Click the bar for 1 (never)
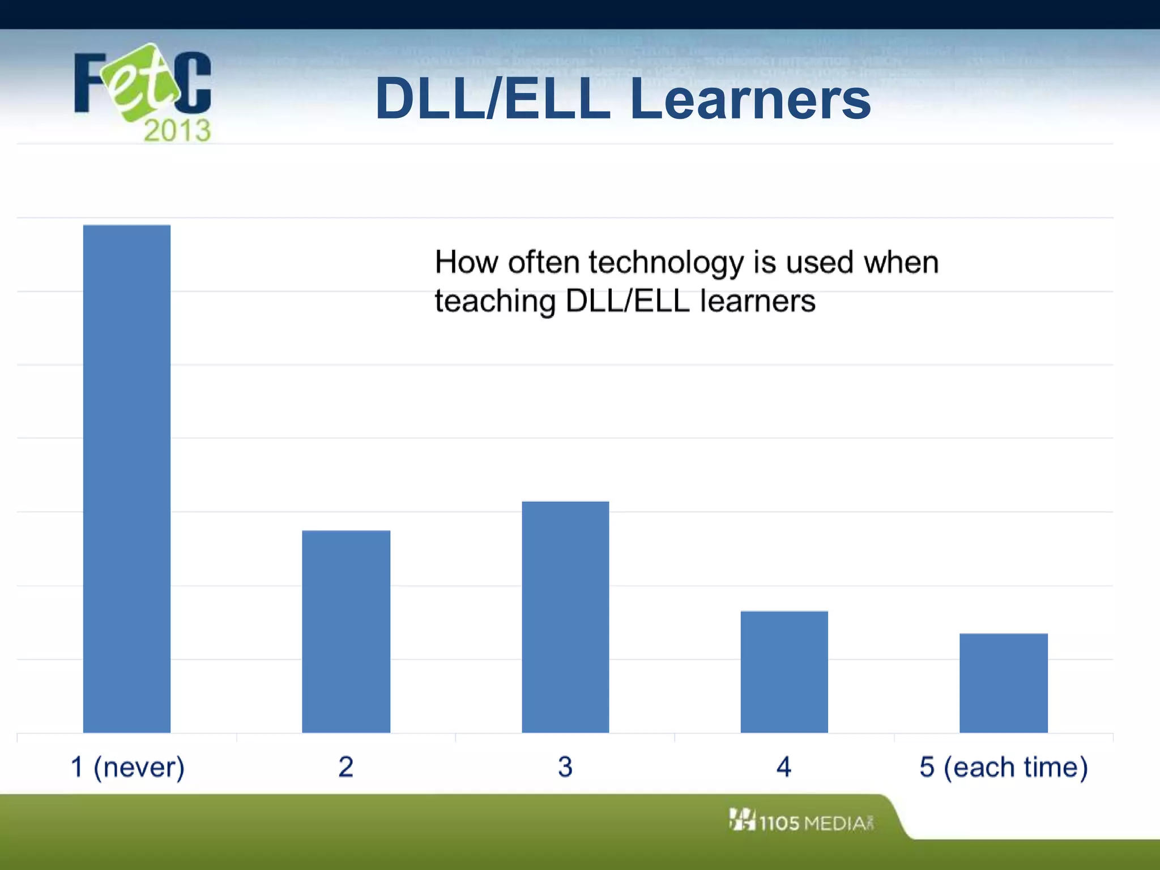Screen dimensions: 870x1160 127,479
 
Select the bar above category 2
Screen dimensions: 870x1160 346,631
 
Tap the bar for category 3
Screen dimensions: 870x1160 565,617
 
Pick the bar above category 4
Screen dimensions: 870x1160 784,672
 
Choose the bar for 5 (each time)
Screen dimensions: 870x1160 1003,683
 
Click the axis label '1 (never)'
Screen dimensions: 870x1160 128,767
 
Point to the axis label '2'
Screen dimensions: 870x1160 346,767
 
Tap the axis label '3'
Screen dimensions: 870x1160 565,767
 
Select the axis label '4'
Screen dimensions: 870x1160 784,767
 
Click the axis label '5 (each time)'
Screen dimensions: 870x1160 1003,767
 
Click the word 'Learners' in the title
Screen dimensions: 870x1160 750,100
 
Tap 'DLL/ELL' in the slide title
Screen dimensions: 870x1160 493,100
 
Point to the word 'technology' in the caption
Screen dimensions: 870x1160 666,263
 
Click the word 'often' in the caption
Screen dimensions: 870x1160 544,262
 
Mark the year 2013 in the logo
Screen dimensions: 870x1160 177,130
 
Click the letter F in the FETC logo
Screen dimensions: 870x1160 89,83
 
